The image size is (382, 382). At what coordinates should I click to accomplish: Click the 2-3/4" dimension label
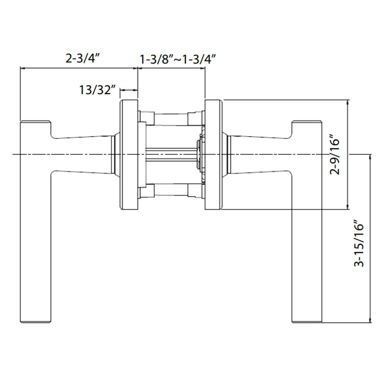(x=84, y=59)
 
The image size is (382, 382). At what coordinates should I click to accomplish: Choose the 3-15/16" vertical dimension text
(x=359, y=244)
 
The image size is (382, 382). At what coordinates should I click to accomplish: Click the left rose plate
(x=128, y=155)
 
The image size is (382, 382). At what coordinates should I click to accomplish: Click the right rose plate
(x=214, y=155)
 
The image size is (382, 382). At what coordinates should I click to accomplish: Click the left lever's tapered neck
(x=82, y=154)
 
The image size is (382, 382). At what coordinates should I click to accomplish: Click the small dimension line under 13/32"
(x=128, y=90)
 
